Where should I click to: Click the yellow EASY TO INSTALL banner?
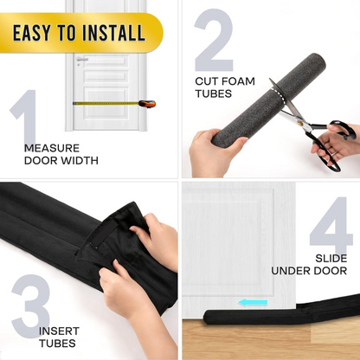point(80,34)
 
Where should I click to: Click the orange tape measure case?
point(147,104)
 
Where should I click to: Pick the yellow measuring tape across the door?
point(104,103)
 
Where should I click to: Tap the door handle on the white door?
point(81,61)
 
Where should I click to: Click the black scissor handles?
point(333,143)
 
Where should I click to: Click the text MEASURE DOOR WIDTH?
point(61,153)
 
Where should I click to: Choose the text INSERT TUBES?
point(63,337)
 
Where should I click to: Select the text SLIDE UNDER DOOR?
point(309,264)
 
